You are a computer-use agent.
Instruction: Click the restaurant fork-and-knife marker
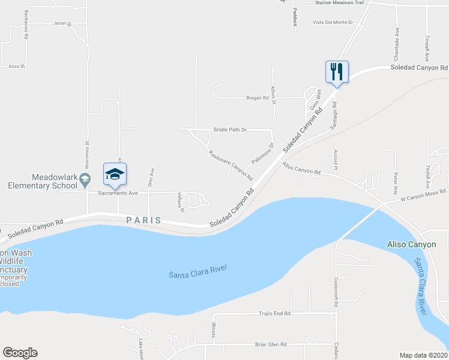click(x=337, y=72)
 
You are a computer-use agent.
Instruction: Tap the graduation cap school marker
click(x=115, y=175)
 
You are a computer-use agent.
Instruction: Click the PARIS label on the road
click(x=143, y=220)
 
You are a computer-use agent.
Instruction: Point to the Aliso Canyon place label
click(x=411, y=245)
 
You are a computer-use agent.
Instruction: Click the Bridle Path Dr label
click(x=231, y=130)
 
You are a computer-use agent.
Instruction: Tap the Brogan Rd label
click(x=256, y=97)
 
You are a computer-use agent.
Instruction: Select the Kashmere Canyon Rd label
click(x=231, y=165)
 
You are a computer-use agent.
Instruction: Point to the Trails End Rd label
click(x=274, y=313)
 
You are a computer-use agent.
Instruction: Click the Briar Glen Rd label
click(x=271, y=344)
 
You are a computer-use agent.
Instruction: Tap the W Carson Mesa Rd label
click(x=423, y=194)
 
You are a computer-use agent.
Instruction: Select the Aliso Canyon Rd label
click(x=301, y=171)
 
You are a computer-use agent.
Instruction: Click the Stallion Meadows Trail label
click(x=340, y=3)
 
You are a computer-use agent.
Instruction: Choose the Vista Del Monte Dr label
click(x=333, y=22)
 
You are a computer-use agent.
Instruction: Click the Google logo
click(x=20, y=353)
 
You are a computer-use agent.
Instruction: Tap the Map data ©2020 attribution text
click(x=423, y=355)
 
